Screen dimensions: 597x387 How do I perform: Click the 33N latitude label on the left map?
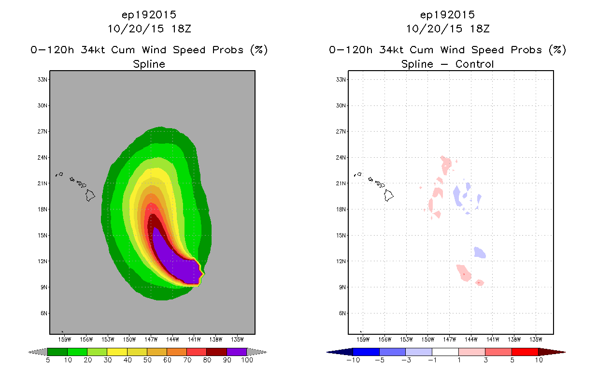(43, 79)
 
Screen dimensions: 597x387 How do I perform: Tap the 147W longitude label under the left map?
(151, 340)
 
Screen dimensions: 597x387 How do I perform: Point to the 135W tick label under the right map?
(536, 340)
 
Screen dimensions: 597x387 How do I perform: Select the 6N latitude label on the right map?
(342, 313)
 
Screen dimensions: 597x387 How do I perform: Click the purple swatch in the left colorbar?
(237, 352)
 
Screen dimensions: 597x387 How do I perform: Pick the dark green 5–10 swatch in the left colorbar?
(57, 352)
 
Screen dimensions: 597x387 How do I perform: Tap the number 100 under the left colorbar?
(247, 360)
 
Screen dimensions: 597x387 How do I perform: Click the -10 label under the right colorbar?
(353, 360)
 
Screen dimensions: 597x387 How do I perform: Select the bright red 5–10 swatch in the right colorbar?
(525, 352)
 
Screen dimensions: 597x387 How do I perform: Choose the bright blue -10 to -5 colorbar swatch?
(366, 352)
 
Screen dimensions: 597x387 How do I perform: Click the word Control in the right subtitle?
(474, 64)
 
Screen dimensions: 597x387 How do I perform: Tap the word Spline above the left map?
(149, 64)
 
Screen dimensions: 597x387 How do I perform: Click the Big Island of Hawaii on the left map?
(90, 195)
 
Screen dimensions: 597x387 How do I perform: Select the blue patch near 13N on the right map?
(480, 253)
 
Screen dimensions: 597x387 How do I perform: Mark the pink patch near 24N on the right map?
(446, 164)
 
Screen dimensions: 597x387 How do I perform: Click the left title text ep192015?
(149, 15)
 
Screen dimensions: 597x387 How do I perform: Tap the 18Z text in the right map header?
(480, 29)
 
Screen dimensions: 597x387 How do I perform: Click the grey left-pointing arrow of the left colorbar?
(38, 352)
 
